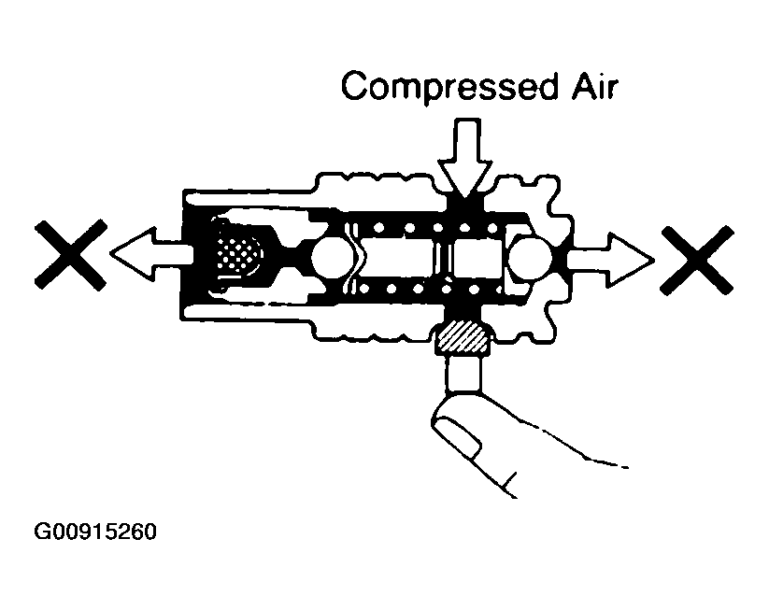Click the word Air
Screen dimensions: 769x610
coord(594,87)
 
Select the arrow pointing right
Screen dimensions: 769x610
coord(610,260)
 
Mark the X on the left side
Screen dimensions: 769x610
coord(71,255)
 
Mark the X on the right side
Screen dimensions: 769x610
coord(697,261)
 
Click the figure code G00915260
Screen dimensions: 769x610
coord(95,532)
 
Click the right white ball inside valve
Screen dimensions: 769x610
coord(530,258)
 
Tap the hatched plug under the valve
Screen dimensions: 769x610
coord(463,337)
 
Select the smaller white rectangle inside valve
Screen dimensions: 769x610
coord(477,260)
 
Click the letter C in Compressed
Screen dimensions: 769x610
coord(357,87)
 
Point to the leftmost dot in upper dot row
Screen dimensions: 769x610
coord(378,228)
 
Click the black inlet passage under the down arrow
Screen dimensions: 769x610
coord(464,206)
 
